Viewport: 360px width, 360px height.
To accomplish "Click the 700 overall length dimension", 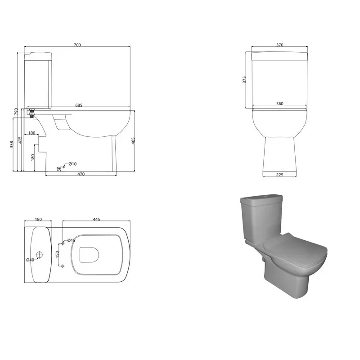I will (x=77, y=45).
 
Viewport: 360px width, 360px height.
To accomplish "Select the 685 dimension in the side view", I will (x=79, y=105).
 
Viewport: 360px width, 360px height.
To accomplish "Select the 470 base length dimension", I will (x=81, y=174).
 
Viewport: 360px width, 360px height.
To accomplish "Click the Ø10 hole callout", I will (x=73, y=163).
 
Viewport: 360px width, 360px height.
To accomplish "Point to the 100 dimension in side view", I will (x=31, y=133).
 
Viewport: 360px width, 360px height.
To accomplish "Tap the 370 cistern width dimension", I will (x=279, y=45).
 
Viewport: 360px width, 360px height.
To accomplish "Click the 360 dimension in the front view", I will (x=279, y=104).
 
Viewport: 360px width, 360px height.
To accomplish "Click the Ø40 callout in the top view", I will (x=30, y=260).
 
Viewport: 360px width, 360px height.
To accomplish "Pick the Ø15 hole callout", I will (x=71, y=241).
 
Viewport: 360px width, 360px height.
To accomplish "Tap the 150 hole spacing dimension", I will (x=57, y=254).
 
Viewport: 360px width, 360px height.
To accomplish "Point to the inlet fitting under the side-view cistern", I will (x=31, y=112).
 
